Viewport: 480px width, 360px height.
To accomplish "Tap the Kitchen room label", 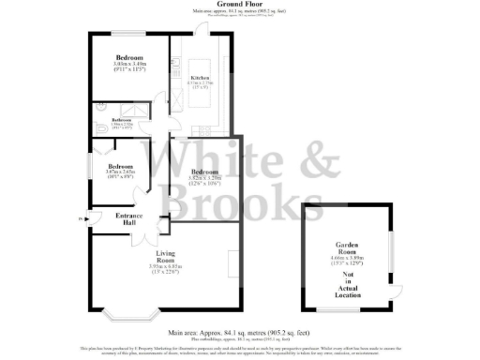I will point(200,77).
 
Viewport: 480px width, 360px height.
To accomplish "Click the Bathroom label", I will point(122,120).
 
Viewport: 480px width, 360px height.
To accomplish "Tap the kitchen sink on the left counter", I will point(175,67).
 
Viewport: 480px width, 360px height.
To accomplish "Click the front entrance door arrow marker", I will point(86,222).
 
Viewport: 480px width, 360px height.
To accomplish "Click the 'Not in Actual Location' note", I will point(347,273).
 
